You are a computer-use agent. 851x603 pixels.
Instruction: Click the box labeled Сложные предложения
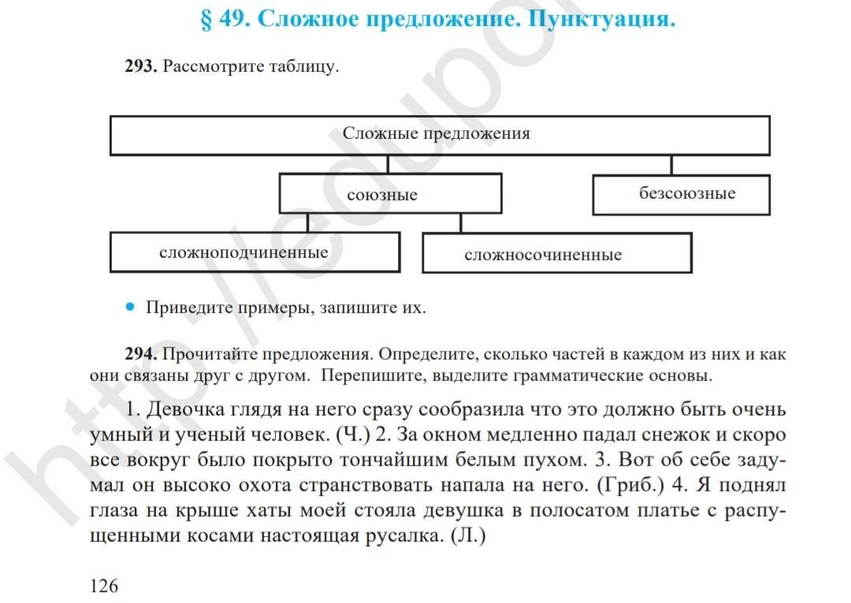(x=439, y=135)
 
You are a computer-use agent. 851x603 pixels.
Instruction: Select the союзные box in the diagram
(x=390, y=194)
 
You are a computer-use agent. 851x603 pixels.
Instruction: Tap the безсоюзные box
(x=681, y=194)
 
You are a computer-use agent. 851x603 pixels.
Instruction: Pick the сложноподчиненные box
(x=254, y=252)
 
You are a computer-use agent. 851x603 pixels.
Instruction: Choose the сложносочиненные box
(x=556, y=254)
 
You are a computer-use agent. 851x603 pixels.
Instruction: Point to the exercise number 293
(x=141, y=67)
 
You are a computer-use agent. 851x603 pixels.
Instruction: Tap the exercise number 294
(x=141, y=354)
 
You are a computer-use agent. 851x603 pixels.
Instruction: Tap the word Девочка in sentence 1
(x=184, y=410)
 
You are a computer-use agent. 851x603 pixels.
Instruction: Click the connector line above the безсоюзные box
(x=671, y=164)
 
